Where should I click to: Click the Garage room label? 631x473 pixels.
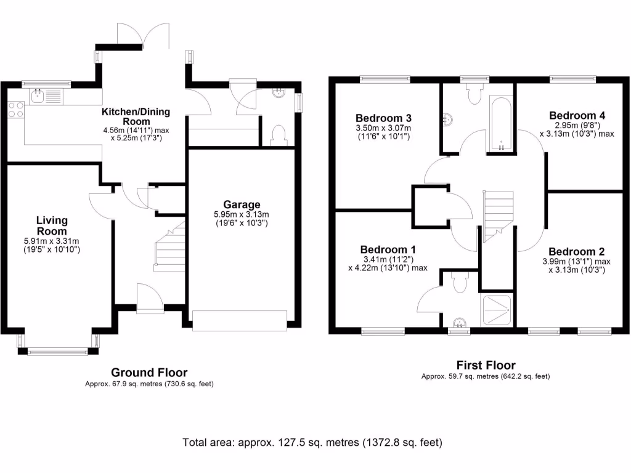point(242,204)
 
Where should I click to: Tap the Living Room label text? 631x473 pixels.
point(52,225)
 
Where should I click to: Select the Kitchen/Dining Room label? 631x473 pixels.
point(136,116)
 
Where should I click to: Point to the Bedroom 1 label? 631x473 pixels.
point(388,249)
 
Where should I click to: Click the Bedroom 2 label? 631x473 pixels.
point(576,251)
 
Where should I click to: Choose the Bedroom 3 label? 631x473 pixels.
point(383,118)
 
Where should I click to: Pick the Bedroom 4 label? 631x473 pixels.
point(577,115)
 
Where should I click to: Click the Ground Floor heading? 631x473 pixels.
point(149,372)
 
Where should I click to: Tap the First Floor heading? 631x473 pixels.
point(486,365)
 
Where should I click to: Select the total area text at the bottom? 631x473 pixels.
point(312,442)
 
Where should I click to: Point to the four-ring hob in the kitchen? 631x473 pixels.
point(16,110)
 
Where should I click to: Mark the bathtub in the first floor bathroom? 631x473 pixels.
point(501,123)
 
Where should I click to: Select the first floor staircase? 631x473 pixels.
point(498,216)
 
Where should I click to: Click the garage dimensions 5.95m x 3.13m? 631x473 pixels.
point(242,214)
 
